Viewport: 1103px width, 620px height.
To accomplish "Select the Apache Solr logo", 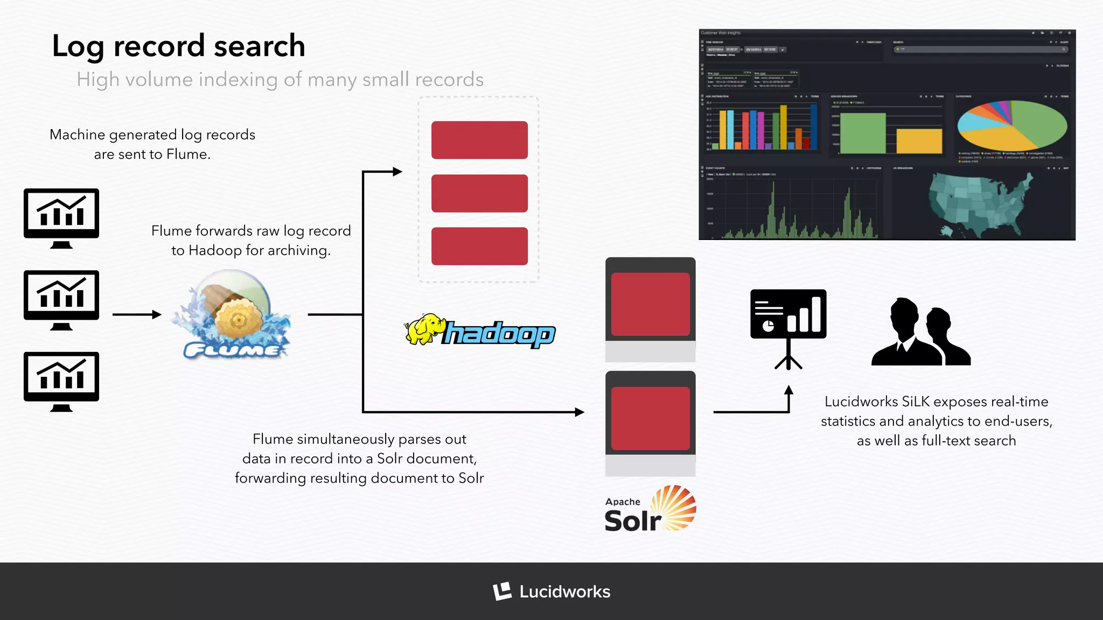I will tap(650, 509).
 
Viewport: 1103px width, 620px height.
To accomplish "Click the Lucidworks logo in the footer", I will tap(551, 591).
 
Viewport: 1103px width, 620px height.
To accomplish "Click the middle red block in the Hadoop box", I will tap(479, 193).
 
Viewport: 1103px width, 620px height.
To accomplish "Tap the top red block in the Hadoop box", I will tap(479, 140).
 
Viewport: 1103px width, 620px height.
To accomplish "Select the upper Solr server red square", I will tap(650, 304).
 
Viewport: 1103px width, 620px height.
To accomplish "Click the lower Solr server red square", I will tap(650, 418).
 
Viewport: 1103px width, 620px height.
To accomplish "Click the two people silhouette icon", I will tap(921, 334).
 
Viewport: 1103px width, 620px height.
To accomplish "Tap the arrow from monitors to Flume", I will tap(137, 314).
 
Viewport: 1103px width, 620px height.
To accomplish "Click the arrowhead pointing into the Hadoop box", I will tap(397, 172).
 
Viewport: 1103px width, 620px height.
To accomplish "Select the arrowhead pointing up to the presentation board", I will tap(788, 390).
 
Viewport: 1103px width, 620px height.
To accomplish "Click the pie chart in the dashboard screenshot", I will tap(1011, 126).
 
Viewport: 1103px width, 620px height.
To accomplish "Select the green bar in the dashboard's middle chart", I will tap(862, 133).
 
